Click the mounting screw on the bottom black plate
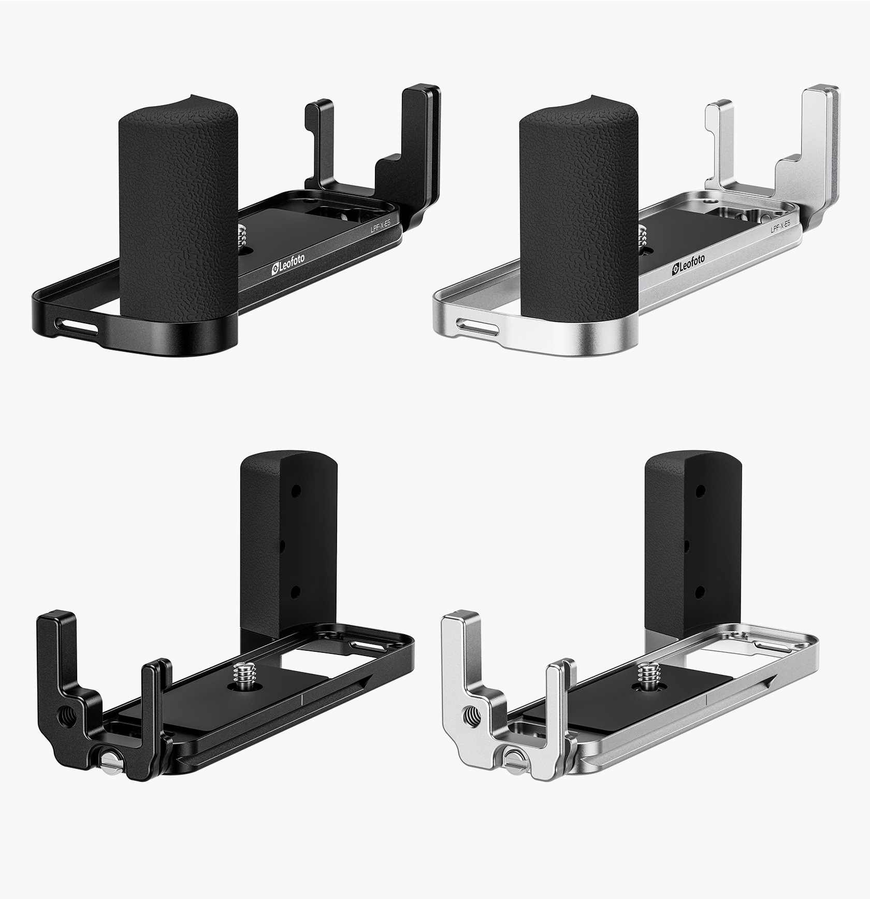pos(242,679)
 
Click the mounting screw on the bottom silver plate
pos(647,679)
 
